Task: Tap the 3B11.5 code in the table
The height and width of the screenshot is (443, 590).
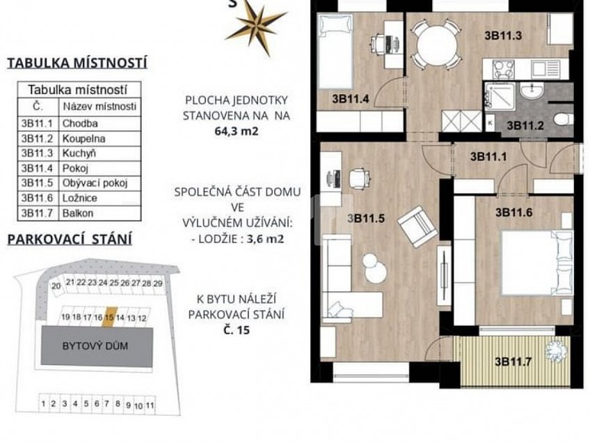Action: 37,183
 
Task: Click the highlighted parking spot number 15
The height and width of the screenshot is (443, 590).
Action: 109,318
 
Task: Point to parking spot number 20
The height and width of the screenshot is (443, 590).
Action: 56,286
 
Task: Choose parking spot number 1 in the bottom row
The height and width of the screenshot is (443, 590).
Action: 43,404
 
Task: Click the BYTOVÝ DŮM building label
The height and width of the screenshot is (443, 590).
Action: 95,345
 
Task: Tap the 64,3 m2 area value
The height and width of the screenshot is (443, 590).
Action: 237,132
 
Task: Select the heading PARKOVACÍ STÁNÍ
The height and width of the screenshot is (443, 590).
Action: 70,240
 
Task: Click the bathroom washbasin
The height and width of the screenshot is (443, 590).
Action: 531,91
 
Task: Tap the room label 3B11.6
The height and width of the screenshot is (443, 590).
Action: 514,212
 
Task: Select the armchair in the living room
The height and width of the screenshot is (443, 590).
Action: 417,227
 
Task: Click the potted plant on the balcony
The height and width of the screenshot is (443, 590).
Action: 557,351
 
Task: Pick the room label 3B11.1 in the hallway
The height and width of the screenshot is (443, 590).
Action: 488,156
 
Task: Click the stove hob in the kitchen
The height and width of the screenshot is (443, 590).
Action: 504,69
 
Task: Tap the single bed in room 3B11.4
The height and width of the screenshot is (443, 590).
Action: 335,52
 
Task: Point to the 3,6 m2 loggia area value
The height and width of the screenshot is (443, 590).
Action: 265,239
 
